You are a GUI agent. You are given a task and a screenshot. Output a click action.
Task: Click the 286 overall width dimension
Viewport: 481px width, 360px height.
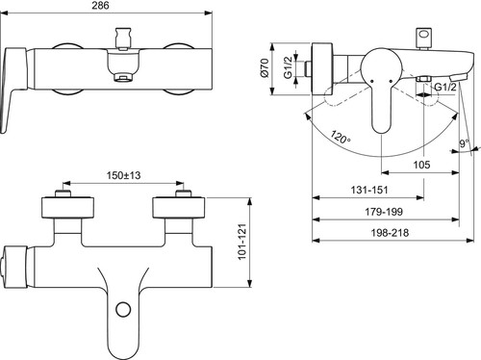click(x=100, y=6)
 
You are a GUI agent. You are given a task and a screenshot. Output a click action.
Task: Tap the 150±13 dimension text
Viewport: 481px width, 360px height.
click(x=123, y=175)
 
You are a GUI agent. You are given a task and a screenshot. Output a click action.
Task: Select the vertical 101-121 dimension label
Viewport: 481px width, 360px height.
click(x=242, y=242)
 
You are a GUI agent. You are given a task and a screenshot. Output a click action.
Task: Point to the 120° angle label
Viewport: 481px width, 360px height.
click(x=341, y=137)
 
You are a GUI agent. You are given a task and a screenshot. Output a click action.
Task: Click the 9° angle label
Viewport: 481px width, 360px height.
click(x=464, y=143)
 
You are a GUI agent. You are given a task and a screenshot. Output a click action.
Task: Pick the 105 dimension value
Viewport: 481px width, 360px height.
click(x=421, y=165)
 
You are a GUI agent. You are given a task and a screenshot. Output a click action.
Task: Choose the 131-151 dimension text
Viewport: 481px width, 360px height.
click(x=369, y=190)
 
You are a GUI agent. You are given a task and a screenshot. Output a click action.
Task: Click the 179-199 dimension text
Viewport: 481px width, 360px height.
click(x=384, y=212)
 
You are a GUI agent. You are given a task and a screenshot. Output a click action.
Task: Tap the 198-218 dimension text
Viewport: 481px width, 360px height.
click(x=390, y=233)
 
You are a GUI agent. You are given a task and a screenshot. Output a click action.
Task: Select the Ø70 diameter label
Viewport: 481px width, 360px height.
click(x=265, y=67)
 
